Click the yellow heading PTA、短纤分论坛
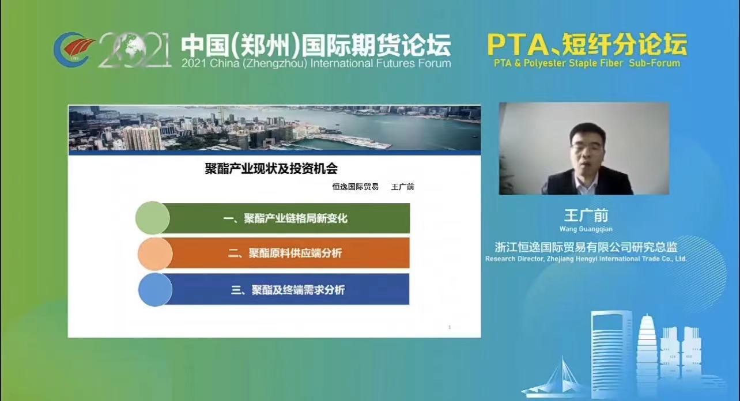click(x=587, y=44)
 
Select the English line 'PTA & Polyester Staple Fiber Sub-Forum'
click(x=587, y=63)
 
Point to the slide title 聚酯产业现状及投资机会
click(x=271, y=169)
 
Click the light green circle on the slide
click(x=153, y=218)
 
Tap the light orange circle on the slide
click(x=155, y=254)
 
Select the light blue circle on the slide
click(x=155, y=290)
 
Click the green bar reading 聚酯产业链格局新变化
click(x=286, y=218)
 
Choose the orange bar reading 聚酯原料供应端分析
click(x=286, y=253)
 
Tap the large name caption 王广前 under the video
click(x=586, y=215)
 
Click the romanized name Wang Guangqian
click(x=586, y=229)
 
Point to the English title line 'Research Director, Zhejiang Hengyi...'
click(x=586, y=259)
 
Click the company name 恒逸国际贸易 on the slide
click(x=356, y=187)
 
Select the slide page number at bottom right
click(x=450, y=327)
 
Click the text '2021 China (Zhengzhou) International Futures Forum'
click(x=316, y=63)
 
